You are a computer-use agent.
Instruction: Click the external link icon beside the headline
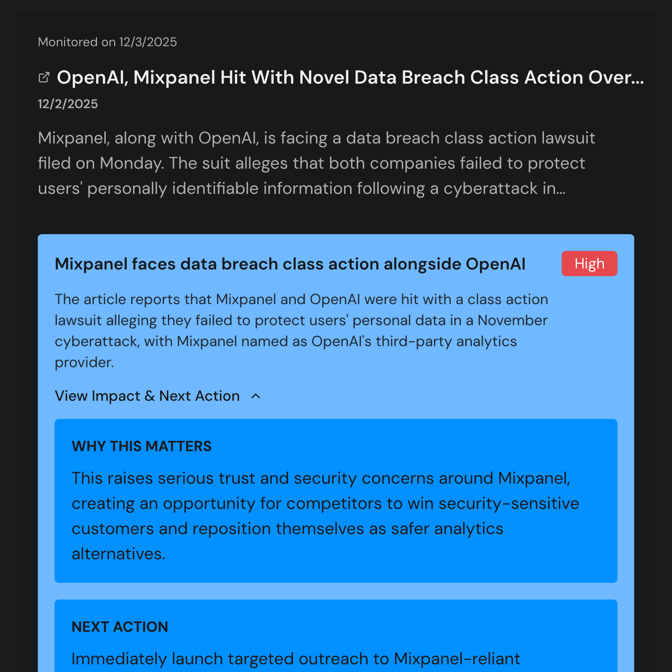click(x=44, y=77)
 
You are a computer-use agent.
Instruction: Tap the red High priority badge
click(x=589, y=264)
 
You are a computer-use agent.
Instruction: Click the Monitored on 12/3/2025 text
click(x=107, y=42)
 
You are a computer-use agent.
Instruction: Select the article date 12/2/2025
click(x=68, y=104)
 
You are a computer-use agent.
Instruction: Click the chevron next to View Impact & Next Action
click(x=256, y=396)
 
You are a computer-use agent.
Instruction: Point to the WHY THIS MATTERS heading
click(x=141, y=446)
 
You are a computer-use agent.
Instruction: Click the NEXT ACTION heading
click(x=120, y=627)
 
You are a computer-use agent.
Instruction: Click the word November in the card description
click(x=512, y=320)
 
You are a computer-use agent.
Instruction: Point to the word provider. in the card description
click(x=84, y=362)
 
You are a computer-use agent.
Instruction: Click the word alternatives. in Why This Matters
click(x=118, y=554)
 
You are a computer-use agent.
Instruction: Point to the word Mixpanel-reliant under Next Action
click(x=457, y=659)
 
